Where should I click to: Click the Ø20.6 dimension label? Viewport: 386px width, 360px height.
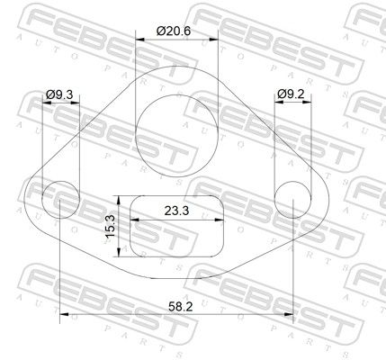(174, 31)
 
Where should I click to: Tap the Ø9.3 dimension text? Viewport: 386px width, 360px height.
(59, 94)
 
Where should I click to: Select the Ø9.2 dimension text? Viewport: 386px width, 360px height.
(291, 94)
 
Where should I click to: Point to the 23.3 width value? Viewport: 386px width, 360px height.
(176, 211)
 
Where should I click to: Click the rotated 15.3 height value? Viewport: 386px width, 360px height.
(111, 226)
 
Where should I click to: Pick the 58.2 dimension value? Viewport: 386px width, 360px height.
(181, 306)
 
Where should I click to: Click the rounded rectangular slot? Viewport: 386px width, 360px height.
(176, 195)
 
